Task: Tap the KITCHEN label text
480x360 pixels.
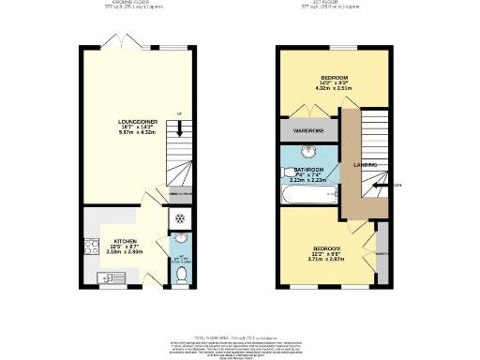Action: click(125, 240)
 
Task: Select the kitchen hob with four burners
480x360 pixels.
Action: click(91, 248)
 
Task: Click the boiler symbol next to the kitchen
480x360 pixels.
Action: click(180, 217)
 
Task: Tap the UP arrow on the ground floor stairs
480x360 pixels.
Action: click(177, 113)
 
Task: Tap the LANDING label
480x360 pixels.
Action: click(366, 166)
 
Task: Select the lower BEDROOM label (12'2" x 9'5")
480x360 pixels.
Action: click(327, 248)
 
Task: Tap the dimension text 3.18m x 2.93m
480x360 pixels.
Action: click(125, 252)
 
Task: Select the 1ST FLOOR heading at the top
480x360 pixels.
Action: click(334, 4)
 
